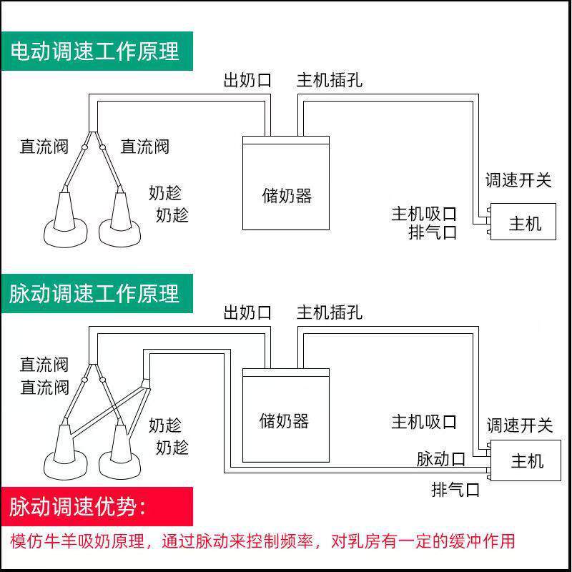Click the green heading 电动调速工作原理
[x=96, y=51]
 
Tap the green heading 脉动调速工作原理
[x=96, y=293]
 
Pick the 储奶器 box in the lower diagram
[x=285, y=420]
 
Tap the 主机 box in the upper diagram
[x=524, y=223]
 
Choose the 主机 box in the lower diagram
[x=526, y=461]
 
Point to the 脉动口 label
[x=441, y=458]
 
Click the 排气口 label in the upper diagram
[x=433, y=232]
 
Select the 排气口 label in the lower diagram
[x=455, y=490]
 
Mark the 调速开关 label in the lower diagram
[x=520, y=425]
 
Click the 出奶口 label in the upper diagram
[x=247, y=79]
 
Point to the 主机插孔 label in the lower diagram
[x=330, y=312]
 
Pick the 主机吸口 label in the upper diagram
[x=424, y=214]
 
